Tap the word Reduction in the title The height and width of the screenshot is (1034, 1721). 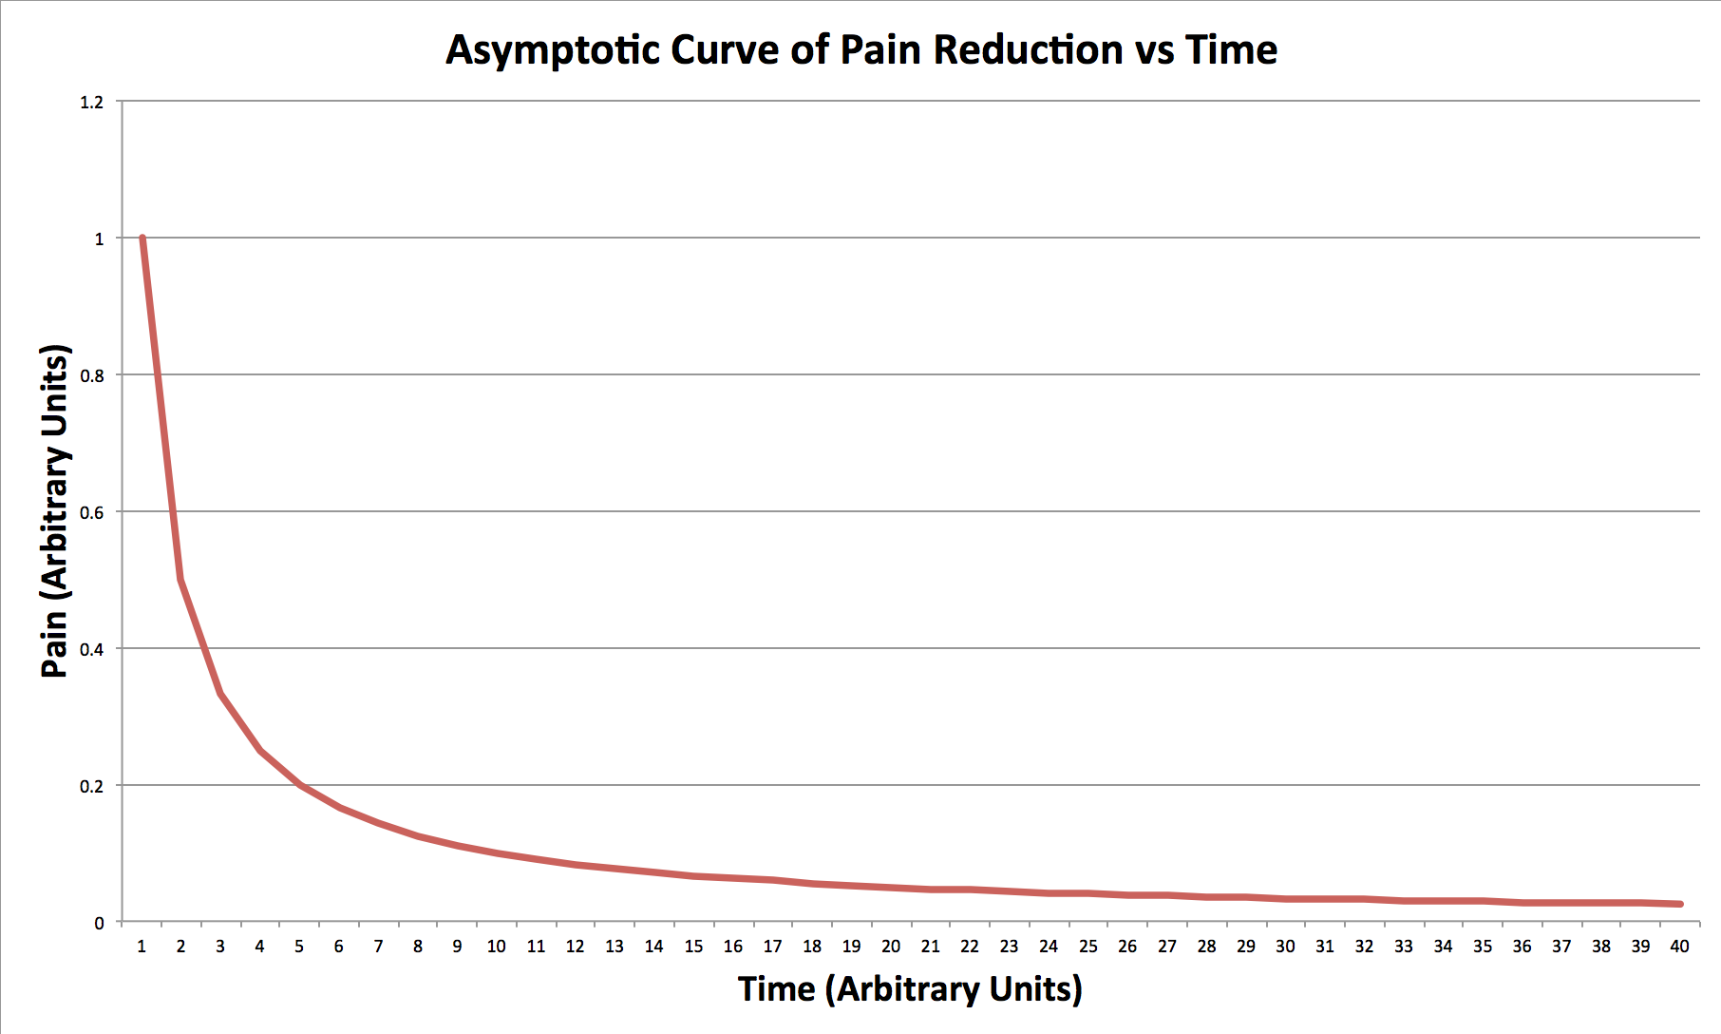click(1028, 50)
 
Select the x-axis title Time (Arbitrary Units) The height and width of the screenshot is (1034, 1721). click(910, 989)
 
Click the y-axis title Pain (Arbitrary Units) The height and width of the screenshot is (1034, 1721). click(56, 511)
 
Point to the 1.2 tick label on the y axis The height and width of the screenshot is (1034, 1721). click(92, 103)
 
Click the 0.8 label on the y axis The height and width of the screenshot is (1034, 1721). click(92, 376)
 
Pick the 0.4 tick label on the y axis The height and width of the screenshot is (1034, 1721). click(92, 650)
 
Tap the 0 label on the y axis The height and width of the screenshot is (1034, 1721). click(99, 924)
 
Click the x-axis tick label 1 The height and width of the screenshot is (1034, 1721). click(142, 947)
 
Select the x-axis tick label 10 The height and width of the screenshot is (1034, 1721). click(496, 947)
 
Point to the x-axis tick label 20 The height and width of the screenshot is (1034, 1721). click(891, 947)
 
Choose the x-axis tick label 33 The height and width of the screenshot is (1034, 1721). click(1404, 947)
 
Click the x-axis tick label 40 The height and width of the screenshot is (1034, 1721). click(1679, 947)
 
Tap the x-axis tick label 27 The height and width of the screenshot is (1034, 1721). click(1167, 947)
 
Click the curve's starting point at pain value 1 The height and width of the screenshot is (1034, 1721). click(142, 239)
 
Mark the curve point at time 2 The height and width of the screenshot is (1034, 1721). click(180, 580)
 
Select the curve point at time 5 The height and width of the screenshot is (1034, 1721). click(299, 785)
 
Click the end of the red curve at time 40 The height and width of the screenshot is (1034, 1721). click(1680, 904)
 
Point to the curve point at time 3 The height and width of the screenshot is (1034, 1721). click(220, 694)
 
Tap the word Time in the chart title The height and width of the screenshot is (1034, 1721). click(1231, 50)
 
